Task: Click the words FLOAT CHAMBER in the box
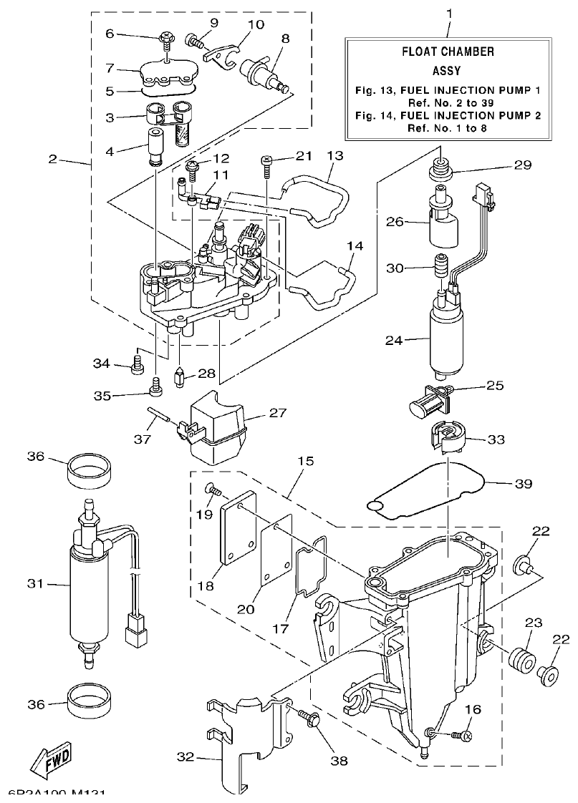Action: [x=447, y=52]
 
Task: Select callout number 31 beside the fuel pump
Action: [x=36, y=584]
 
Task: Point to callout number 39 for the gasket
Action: [x=524, y=483]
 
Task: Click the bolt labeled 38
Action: [x=306, y=717]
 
